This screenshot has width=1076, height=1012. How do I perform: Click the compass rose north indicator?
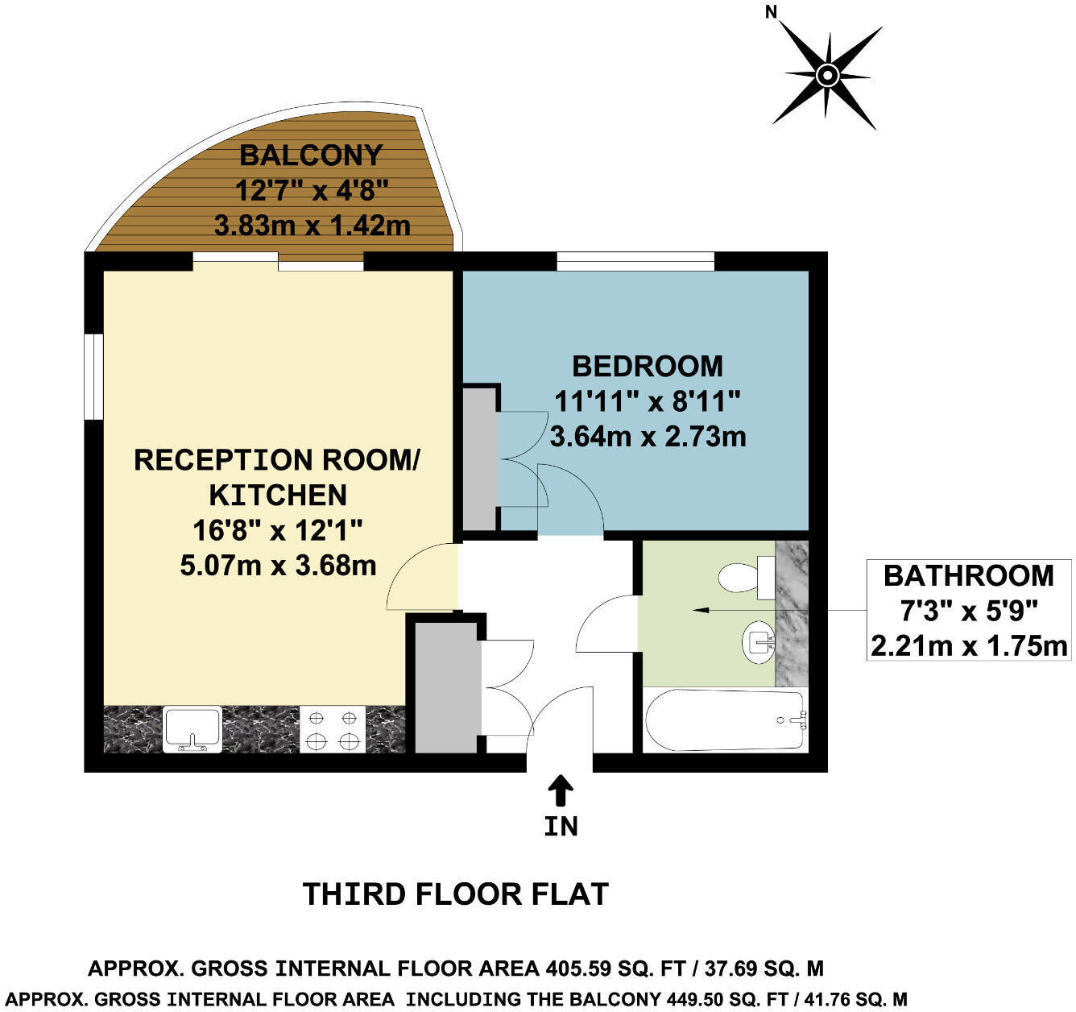click(x=827, y=76)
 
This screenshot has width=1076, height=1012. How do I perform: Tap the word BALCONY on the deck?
click(x=311, y=155)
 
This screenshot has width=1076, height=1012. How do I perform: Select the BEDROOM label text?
click(x=648, y=367)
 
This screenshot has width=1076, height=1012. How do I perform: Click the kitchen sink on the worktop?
click(x=192, y=728)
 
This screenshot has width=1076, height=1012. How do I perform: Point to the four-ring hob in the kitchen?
click(x=332, y=728)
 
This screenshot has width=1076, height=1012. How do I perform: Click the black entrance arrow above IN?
click(x=561, y=790)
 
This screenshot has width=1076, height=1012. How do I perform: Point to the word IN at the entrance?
click(x=561, y=827)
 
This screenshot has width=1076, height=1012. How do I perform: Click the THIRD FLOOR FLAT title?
click(x=455, y=894)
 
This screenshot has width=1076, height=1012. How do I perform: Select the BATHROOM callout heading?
click(x=968, y=576)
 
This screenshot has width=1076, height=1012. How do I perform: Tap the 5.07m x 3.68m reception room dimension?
click(x=278, y=566)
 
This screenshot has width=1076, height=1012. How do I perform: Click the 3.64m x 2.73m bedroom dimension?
click(x=648, y=437)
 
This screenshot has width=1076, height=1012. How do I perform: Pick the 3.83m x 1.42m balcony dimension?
click(x=312, y=225)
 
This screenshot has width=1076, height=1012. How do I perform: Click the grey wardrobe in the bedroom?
click(x=480, y=458)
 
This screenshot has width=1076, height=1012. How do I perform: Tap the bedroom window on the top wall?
click(x=635, y=261)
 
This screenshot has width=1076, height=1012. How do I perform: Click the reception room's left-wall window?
click(x=94, y=376)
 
